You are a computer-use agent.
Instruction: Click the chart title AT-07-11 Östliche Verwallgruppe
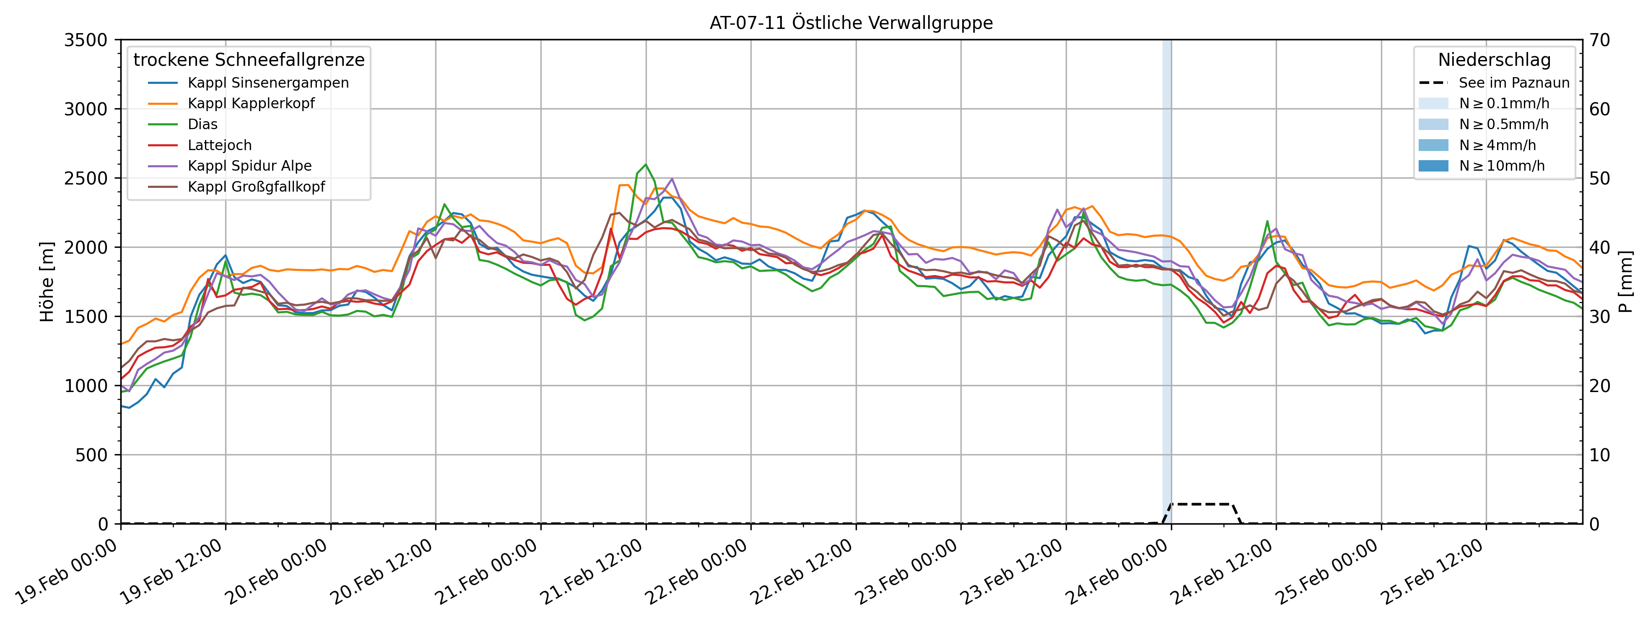point(851,23)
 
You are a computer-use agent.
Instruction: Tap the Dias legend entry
point(202,124)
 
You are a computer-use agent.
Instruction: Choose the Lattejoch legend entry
point(219,145)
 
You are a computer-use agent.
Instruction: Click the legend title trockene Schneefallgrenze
point(249,60)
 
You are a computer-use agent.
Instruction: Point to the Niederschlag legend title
point(1495,60)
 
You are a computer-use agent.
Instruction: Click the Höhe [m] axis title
point(47,281)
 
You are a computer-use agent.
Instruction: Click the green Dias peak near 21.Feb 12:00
point(646,165)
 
